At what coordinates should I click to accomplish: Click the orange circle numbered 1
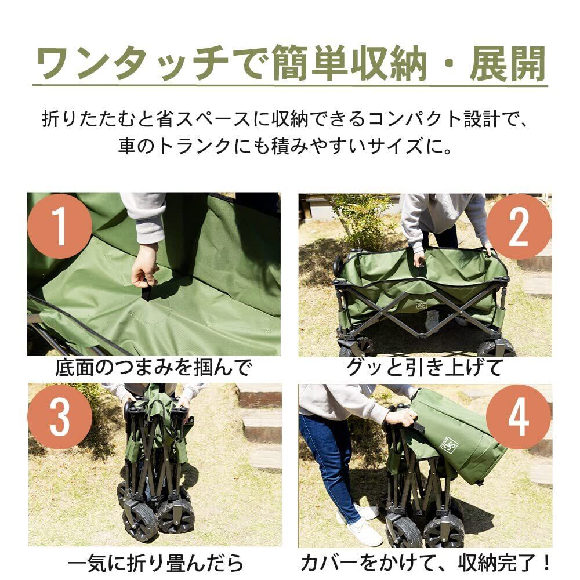point(60,226)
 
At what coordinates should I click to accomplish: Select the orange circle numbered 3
point(60,417)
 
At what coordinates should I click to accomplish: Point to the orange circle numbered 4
point(519,417)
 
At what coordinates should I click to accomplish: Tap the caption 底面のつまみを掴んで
point(153,367)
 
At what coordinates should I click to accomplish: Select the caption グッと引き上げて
point(425,367)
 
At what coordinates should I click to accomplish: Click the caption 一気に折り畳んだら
point(155,563)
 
